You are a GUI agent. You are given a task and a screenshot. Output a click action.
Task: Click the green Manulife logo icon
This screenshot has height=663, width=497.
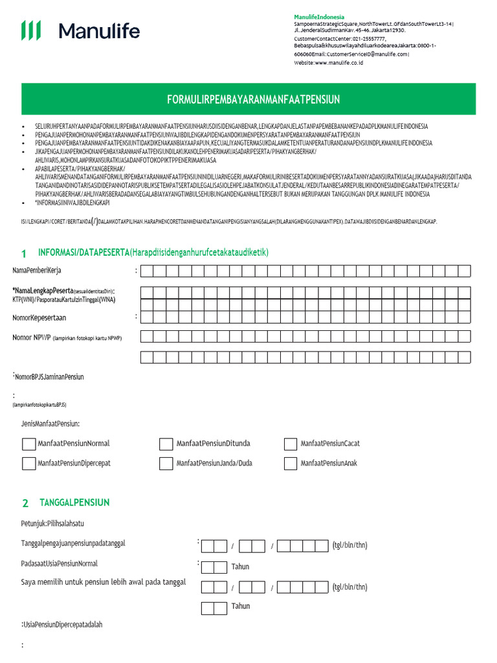[31, 30]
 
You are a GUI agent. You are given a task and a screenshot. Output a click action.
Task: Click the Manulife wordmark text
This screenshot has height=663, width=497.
[99, 30]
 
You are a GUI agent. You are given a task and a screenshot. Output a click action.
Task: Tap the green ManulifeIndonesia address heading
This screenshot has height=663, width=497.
[319, 17]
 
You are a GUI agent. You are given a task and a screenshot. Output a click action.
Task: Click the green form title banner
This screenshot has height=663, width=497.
[253, 99]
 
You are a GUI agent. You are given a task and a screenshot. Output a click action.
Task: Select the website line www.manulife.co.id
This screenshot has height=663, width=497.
[328, 63]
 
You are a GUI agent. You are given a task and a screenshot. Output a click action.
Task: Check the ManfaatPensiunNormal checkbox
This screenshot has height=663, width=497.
[29, 444]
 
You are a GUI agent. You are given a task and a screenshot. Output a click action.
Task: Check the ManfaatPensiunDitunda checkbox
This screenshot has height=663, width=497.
[166, 444]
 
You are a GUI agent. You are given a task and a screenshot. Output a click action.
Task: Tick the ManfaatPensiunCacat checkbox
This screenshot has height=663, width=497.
[291, 444]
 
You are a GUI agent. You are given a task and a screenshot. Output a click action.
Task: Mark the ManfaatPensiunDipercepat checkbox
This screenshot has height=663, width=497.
[29, 463]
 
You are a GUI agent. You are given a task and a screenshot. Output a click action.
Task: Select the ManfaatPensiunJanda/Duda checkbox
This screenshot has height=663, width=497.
[166, 463]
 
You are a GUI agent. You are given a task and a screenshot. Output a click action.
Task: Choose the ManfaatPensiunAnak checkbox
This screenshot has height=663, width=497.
[291, 463]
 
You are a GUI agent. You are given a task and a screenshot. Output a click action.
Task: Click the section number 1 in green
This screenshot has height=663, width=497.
[24, 253]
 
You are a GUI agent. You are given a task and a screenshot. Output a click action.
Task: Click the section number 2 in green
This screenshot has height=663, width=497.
[25, 503]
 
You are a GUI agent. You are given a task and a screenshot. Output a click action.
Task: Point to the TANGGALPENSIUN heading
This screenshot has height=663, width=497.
[74, 502]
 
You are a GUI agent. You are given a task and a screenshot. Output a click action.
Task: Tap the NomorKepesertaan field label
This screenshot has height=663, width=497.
[39, 318]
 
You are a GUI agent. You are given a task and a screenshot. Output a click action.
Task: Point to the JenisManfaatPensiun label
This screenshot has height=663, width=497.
[51, 423]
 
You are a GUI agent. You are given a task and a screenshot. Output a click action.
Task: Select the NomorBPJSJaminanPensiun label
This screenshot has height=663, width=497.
[50, 376]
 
